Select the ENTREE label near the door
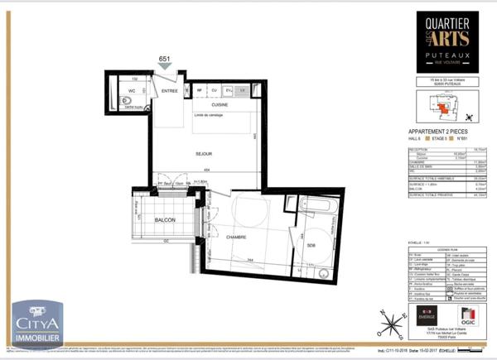click(170, 92)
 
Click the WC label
click(131, 91)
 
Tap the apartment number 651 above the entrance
click(165, 58)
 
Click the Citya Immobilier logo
click(36, 323)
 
